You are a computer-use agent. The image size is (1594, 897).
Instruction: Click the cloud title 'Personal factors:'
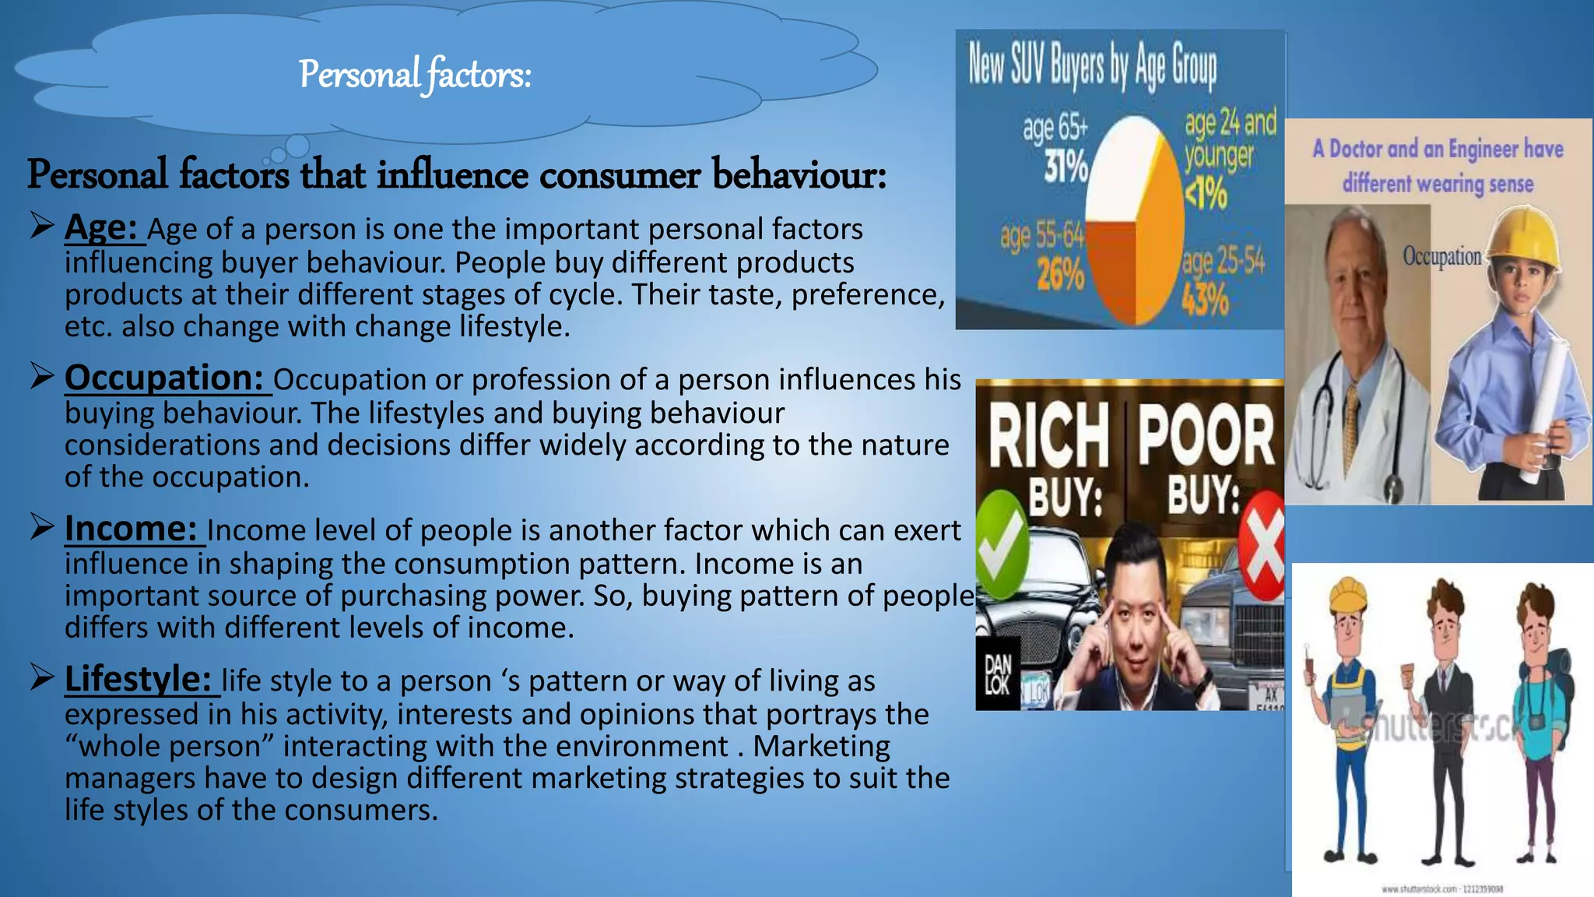point(415,76)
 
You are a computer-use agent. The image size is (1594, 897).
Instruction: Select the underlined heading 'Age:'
point(101,227)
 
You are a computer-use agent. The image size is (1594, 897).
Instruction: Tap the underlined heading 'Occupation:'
point(164,378)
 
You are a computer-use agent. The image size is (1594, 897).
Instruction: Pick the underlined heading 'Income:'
point(131,529)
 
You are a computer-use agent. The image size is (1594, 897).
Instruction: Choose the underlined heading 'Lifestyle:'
point(138,679)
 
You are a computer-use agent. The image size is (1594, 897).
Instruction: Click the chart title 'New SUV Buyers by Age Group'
point(1092,65)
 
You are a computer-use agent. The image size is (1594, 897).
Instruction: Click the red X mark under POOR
point(1262,545)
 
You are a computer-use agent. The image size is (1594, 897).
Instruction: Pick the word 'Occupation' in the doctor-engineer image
point(1441,256)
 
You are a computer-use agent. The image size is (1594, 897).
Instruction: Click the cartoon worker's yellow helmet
point(1348,595)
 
